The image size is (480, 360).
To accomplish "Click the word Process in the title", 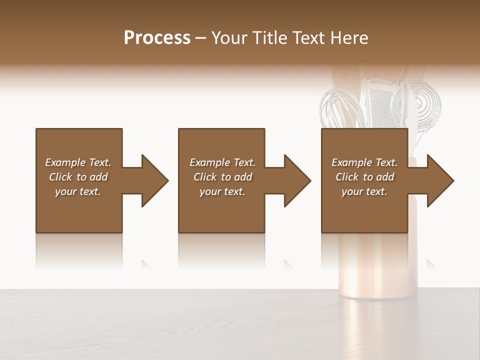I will [x=157, y=38].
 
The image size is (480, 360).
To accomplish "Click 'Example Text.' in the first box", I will [x=78, y=162].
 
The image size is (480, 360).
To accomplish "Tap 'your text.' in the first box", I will [x=78, y=191].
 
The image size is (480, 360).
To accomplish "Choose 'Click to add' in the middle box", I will [x=222, y=177].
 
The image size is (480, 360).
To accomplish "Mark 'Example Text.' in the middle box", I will [x=222, y=162].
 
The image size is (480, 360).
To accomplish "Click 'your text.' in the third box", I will [x=364, y=191].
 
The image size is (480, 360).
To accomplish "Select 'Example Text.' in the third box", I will [x=364, y=162].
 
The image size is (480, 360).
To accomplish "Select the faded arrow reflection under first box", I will [x=146, y=264].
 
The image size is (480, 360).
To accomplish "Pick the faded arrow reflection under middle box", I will [x=288, y=264].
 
